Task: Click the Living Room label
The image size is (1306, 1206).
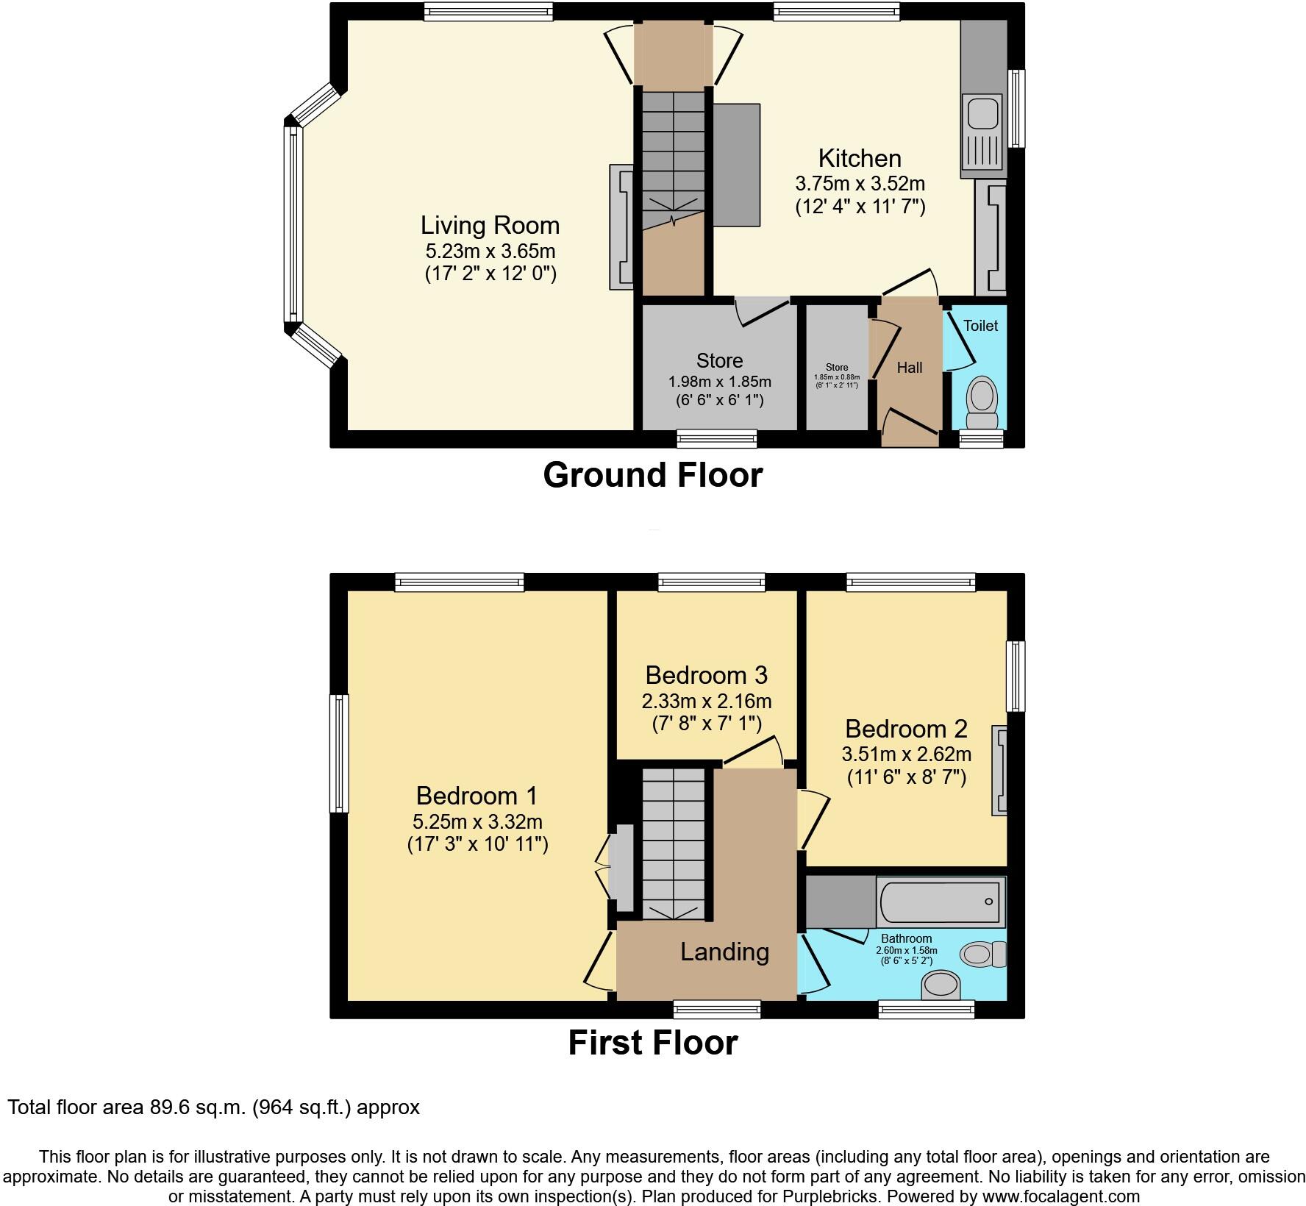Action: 490,225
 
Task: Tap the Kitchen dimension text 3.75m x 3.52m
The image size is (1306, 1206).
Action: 860,183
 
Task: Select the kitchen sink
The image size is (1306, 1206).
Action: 981,114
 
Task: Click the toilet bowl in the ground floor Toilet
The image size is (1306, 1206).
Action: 981,396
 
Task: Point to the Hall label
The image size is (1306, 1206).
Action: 909,368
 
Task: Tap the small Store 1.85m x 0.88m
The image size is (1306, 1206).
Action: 836,375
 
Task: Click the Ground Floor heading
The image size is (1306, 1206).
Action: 652,475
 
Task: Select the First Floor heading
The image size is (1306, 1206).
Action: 652,1043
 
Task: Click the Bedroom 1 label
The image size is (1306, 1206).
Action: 477,796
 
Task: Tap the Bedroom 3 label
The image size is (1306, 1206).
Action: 706,675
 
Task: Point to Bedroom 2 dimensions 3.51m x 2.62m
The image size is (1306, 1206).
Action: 906,754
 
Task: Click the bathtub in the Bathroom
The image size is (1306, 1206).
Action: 940,902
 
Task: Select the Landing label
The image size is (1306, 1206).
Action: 724,952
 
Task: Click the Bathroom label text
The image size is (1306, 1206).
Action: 906,938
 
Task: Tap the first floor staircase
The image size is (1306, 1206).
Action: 673,842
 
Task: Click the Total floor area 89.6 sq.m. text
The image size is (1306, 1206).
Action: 213,1107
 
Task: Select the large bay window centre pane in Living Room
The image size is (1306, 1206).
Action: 293,225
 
